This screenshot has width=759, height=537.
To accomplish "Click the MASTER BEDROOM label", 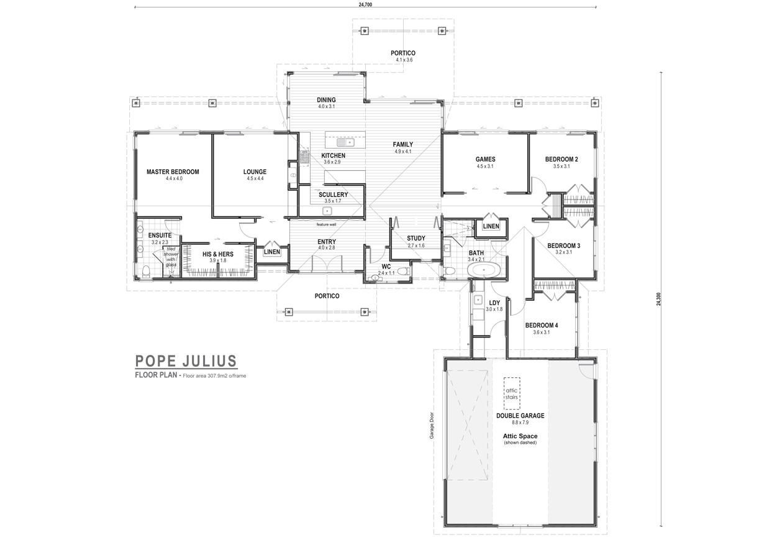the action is (x=173, y=172).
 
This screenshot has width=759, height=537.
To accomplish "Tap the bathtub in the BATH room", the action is (x=484, y=270).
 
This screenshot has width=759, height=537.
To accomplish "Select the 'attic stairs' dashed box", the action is (x=512, y=393).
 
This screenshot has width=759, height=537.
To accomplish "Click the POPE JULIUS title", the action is (x=186, y=361).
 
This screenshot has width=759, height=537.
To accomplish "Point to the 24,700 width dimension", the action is (x=365, y=5).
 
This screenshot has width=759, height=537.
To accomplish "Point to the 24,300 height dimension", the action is (x=658, y=299).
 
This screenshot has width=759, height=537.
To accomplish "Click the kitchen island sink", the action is (x=345, y=142).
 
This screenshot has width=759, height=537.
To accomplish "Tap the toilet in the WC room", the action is (x=403, y=271).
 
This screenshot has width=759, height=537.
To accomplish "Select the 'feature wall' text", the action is (x=326, y=224).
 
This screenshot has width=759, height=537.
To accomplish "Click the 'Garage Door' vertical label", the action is (x=432, y=426).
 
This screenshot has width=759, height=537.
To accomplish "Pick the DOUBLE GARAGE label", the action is (x=520, y=416).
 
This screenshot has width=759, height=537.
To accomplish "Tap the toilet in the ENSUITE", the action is (x=147, y=271).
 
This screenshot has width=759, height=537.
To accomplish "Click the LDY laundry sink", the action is (x=478, y=300).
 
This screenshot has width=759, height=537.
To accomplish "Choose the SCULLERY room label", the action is (x=333, y=195).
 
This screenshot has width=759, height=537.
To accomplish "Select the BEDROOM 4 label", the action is (x=542, y=326).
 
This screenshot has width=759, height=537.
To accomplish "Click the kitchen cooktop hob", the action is (x=304, y=158).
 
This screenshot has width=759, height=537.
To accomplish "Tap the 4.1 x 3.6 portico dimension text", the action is (x=404, y=60).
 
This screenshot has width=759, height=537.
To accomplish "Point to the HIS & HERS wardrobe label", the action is (x=218, y=254).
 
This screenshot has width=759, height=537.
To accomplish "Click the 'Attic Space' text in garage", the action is (x=520, y=436).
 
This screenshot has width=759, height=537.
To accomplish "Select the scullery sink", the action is (x=327, y=211).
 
